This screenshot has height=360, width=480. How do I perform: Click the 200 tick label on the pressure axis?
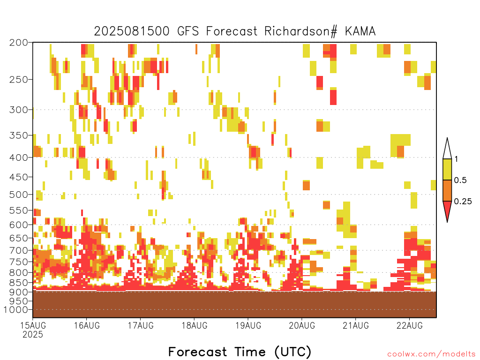pyautogui.click(x=18, y=43)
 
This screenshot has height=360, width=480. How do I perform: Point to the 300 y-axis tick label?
pyautogui.click(x=18, y=110)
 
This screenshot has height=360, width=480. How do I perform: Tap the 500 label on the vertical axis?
pyautogui.click(x=18, y=195)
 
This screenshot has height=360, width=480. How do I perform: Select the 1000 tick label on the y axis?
pyautogui.click(x=16, y=309)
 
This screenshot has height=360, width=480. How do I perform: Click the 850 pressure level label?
pyautogui.click(x=18, y=283)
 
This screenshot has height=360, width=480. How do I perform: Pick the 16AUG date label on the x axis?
pyautogui.click(x=87, y=325)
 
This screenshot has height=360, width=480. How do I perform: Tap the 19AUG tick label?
pyautogui.click(x=248, y=325)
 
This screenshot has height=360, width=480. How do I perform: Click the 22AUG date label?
pyautogui.click(x=410, y=325)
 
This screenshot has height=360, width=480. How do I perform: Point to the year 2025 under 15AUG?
pyautogui.click(x=33, y=334)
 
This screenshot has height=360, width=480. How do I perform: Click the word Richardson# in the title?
pyautogui.click(x=301, y=31)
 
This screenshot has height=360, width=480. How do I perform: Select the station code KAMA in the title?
pyautogui.click(x=360, y=31)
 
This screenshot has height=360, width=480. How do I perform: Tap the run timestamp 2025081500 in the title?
pyautogui.click(x=132, y=31)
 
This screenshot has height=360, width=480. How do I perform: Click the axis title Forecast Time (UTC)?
pyautogui.click(x=240, y=352)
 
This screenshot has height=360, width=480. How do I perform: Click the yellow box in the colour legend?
pyautogui.click(x=447, y=169)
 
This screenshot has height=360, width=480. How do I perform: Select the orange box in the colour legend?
pyautogui.click(x=447, y=190)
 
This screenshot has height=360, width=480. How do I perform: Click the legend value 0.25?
pyautogui.click(x=463, y=202)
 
